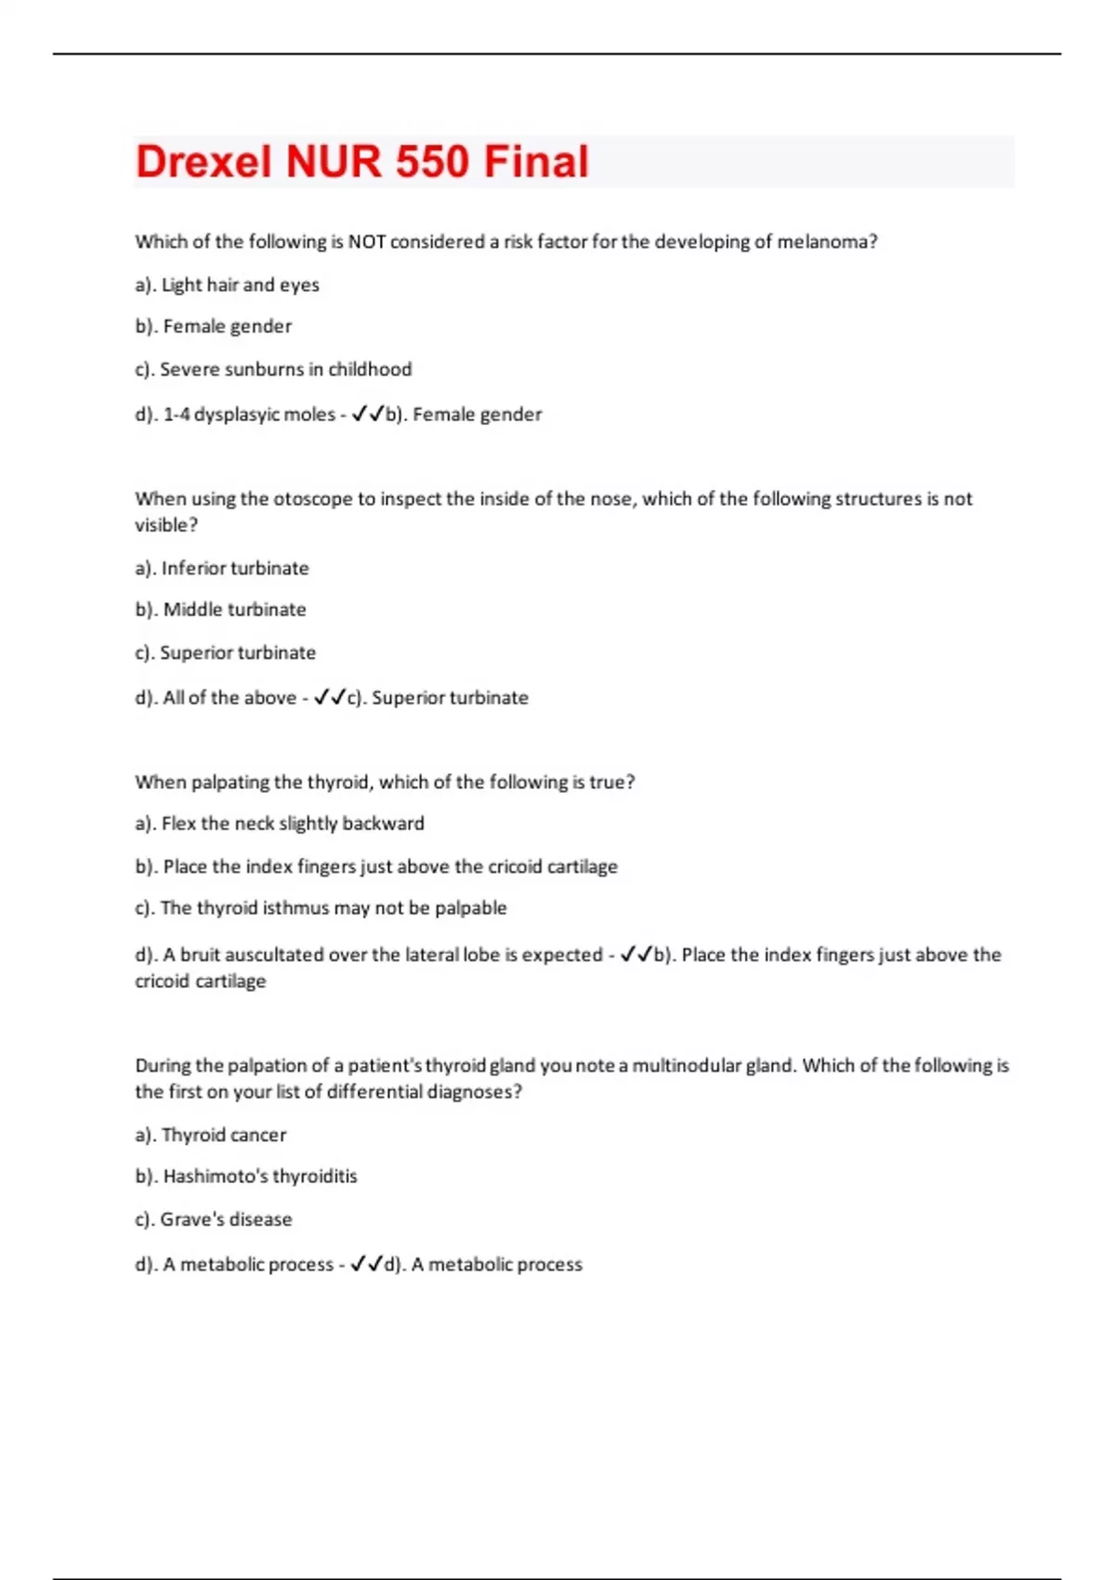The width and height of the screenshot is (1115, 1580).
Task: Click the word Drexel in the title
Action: [x=205, y=162]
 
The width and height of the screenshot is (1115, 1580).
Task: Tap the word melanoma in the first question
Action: [x=822, y=242]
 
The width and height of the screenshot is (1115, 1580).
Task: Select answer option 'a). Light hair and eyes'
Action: [x=227, y=285]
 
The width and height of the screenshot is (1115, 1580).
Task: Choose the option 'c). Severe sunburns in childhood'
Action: [x=273, y=370]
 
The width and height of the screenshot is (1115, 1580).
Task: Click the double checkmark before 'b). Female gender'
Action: [x=367, y=415]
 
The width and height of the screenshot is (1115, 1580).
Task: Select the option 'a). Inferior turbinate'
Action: [x=222, y=569]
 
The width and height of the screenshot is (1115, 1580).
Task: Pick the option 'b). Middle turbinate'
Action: [x=220, y=610]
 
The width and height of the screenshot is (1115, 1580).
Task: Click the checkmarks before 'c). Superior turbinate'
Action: [x=330, y=697]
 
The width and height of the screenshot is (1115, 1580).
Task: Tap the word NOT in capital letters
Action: [x=367, y=242]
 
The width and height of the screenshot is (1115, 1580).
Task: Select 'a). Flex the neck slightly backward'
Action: [x=280, y=823]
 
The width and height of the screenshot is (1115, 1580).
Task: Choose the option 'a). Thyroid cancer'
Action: [x=211, y=1135]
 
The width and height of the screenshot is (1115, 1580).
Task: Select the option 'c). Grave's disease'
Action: [x=214, y=1219]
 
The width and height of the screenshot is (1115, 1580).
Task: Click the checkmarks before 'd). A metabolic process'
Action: [x=366, y=1264]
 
